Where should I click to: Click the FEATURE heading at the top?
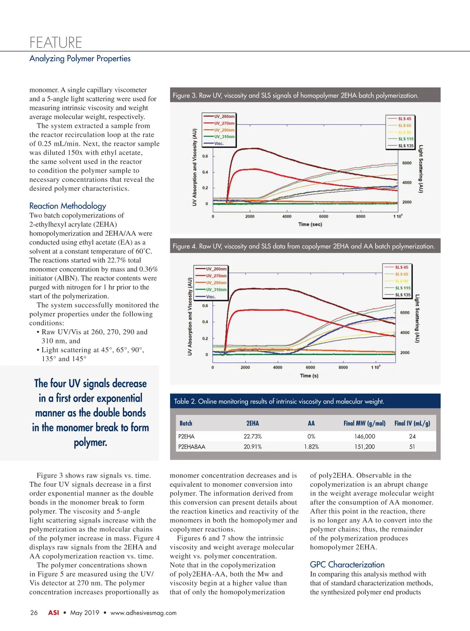coord(56,42)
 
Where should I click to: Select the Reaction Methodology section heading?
coord(67,206)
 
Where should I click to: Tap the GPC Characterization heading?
coord(347,564)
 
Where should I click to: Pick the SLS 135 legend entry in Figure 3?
coord(405,146)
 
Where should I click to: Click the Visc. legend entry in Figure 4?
coord(211,297)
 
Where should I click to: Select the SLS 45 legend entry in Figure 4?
coord(401,267)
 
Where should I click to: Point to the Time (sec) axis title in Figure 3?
coord(310,224)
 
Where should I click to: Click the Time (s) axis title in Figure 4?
coord(309,375)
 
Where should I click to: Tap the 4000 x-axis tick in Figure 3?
coord(287,216)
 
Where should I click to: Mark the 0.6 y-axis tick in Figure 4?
coord(205,306)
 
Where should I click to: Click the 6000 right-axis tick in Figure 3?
coord(407,163)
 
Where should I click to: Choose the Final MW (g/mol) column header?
coord(364,423)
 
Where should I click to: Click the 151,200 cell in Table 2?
coord(364,447)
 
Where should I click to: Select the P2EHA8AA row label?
coord(192,447)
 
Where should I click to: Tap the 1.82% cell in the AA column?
coord(311,447)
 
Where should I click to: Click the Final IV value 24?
coord(412,437)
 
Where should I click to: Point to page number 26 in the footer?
coord(34,613)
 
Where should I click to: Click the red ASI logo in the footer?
coord(54,613)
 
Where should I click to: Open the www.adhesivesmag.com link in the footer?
coord(143,613)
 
